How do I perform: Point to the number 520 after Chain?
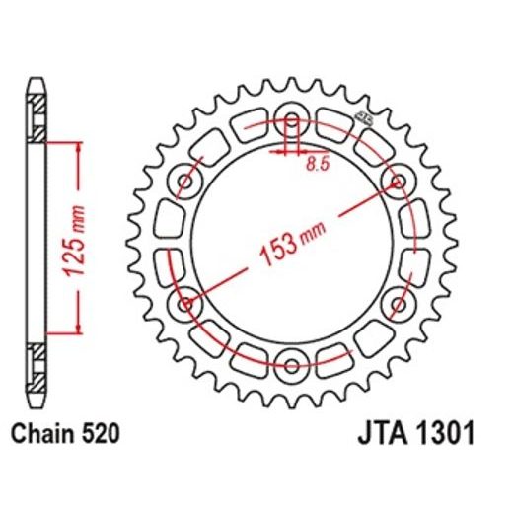106,430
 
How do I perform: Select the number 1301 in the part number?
445,431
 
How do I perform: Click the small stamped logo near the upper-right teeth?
363,120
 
